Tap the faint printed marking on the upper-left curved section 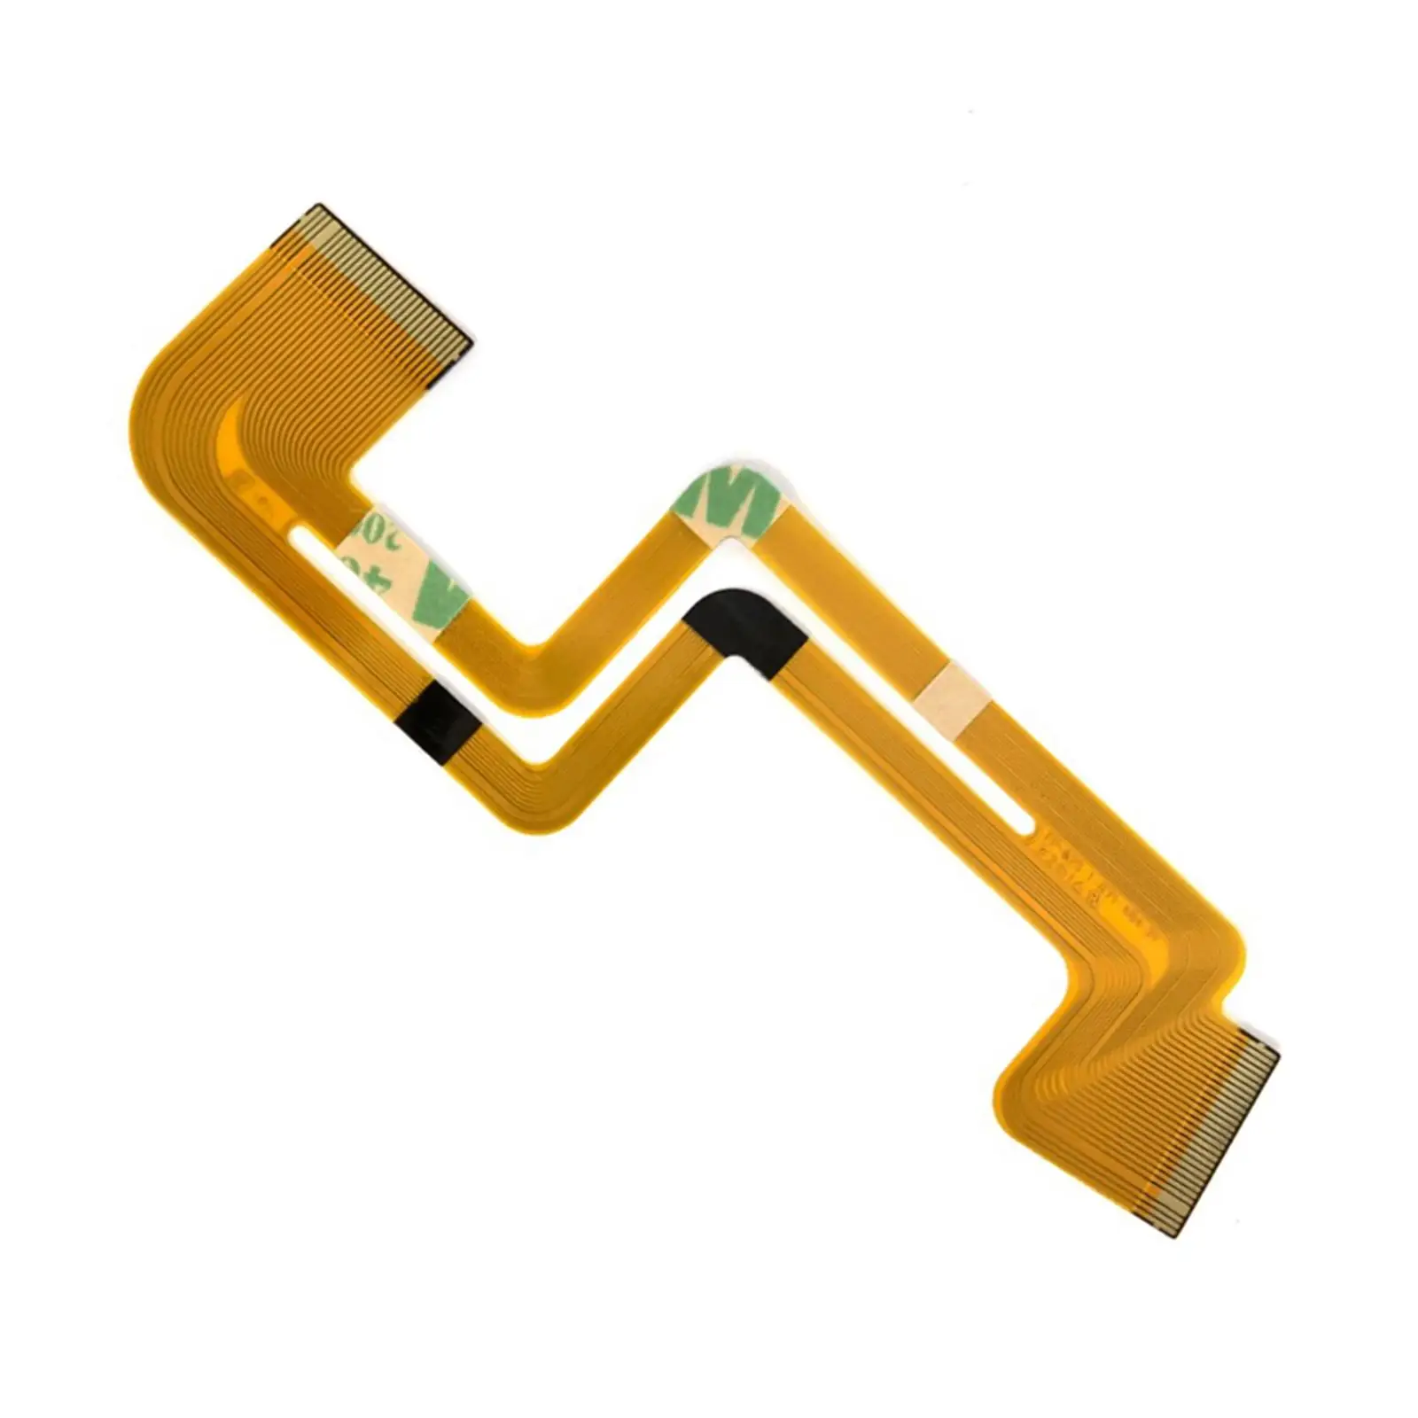[x=244, y=483]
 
